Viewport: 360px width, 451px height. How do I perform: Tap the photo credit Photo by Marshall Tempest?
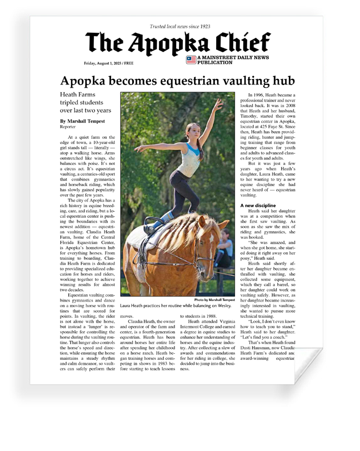point(218,300)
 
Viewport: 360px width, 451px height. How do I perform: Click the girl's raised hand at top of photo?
point(221,102)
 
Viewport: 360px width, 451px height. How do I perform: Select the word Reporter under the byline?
point(68,127)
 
